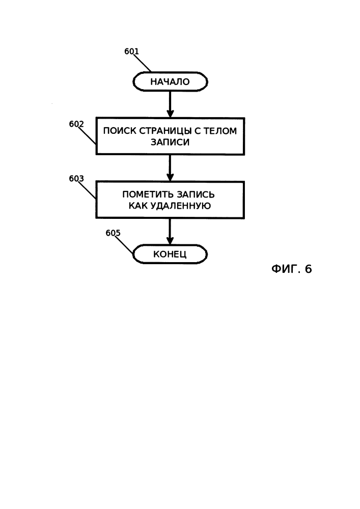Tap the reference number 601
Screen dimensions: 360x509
pos(131,51)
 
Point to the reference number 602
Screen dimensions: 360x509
pos(76,124)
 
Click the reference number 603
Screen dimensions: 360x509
pos(76,179)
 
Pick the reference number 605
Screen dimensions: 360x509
pos(113,233)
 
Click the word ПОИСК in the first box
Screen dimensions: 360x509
pos(120,131)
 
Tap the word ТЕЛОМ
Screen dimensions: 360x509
pos(220,131)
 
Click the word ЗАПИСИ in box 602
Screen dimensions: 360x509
pos(170,142)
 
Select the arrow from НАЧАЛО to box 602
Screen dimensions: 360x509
pos(170,104)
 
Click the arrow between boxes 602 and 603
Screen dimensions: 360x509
pos(170,168)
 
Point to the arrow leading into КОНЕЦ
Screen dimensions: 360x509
pos(170,232)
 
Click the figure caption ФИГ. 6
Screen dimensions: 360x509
pos(291,269)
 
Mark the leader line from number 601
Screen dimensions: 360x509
pos(143,63)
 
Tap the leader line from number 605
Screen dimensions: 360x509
pos(124,245)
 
